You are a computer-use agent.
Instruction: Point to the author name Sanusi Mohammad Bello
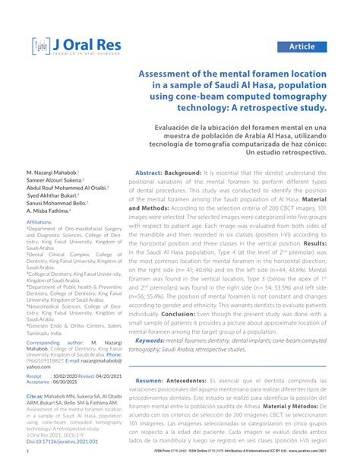57,204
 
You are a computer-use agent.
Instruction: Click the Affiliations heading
39,221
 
